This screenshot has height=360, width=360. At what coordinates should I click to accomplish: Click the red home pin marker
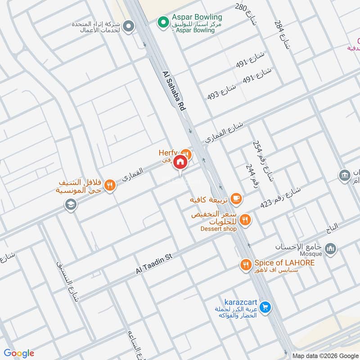[x=180, y=162]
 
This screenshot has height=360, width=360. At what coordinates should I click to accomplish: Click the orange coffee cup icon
[x=235, y=198]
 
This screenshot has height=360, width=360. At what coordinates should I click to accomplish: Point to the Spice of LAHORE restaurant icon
[x=245, y=265]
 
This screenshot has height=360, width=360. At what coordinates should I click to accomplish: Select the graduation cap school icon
[x=71, y=205]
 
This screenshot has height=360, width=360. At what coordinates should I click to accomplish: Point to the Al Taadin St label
[x=154, y=264]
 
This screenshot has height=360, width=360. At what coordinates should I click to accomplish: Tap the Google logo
[x=19, y=353]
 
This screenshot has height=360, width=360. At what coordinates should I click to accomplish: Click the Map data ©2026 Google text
[x=324, y=355]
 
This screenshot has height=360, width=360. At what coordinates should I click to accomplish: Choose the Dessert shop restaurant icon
[x=245, y=220]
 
